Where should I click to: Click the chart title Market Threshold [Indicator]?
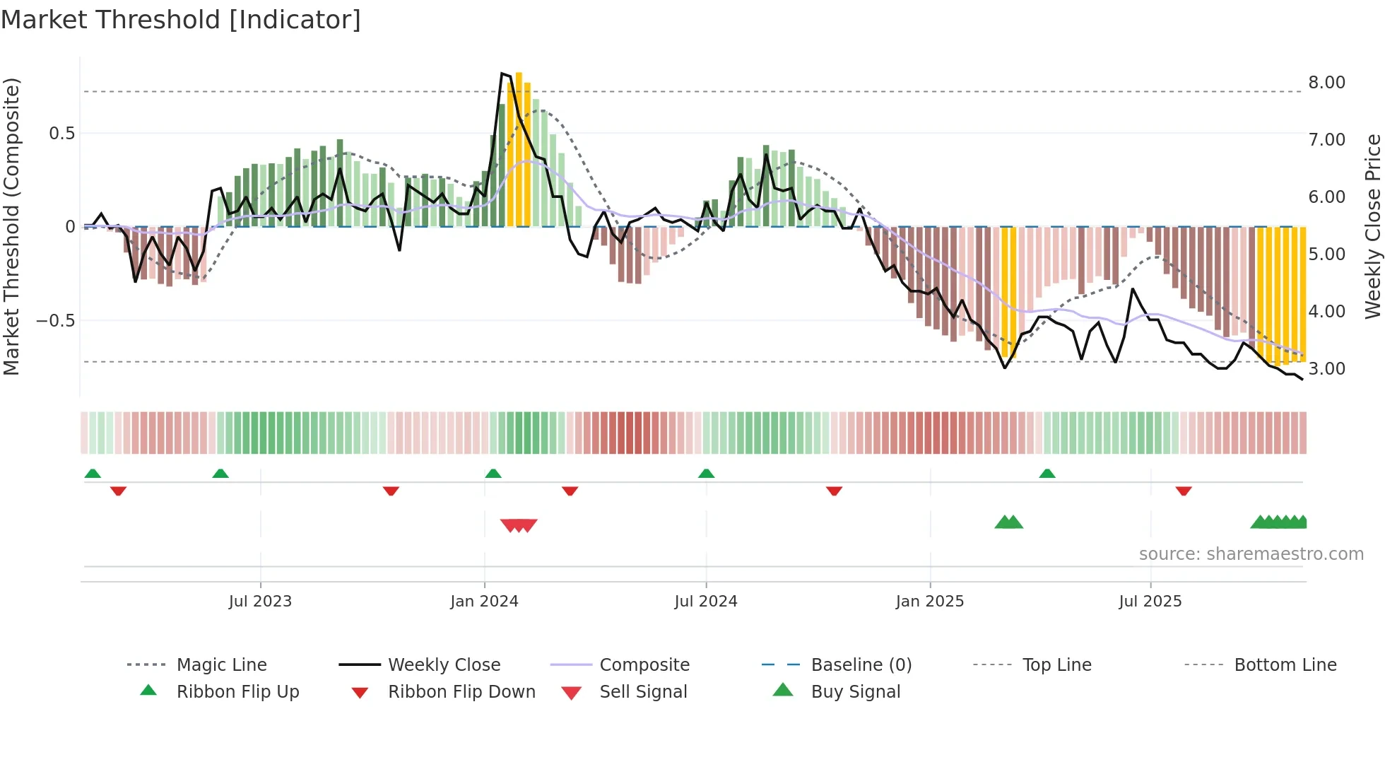click(181, 20)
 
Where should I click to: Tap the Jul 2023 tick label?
click(260, 602)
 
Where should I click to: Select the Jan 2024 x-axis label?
click(484, 602)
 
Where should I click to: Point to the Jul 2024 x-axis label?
click(705, 602)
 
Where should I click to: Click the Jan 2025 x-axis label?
click(929, 602)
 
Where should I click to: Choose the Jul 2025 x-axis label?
click(1150, 602)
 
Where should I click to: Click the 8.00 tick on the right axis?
click(1326, 83)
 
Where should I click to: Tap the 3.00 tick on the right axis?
click(1326, 369)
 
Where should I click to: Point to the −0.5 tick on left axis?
click(56, 321)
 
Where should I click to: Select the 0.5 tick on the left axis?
click(61, 134)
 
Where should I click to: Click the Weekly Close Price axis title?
click(1372, 226)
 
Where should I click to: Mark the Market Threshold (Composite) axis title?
click(11, 226)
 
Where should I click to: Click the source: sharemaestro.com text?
click(1251, 554)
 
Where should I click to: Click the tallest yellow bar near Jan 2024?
click(519, 148)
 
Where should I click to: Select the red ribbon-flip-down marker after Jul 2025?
click(1184, 491)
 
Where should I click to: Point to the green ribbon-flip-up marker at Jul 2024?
click(706, 474)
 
